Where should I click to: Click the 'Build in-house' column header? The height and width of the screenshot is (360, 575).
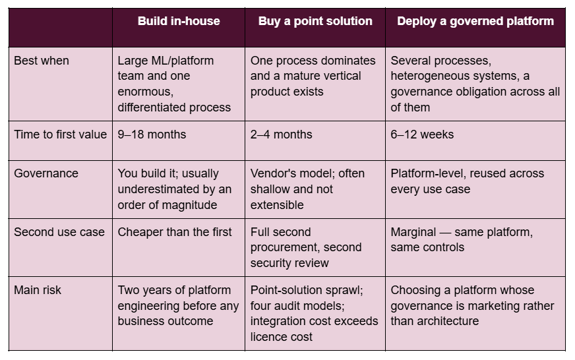[179, 21]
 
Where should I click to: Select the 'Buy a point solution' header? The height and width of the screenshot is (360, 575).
[315, 21]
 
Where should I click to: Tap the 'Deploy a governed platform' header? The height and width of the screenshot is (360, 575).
[475, 21]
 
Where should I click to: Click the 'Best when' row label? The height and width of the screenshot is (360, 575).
[42, 61]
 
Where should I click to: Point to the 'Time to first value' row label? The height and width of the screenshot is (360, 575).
[61, 135]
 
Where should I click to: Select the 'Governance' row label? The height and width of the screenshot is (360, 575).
[46, 173]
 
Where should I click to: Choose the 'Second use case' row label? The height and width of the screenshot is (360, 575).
[59, 232]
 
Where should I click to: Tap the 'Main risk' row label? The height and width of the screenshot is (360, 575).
[38, 290]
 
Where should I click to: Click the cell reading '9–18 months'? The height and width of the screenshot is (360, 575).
[152, 135]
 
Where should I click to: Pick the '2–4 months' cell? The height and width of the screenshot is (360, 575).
[282, 135]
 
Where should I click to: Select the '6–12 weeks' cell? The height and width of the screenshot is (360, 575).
[422, 135]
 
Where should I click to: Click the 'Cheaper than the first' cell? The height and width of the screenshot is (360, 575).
[175, 232]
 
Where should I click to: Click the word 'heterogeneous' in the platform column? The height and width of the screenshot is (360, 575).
[426, 76]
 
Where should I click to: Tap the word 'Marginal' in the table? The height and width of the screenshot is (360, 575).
[413, 233]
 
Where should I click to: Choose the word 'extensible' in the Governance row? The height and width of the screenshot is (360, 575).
[277, 205]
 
